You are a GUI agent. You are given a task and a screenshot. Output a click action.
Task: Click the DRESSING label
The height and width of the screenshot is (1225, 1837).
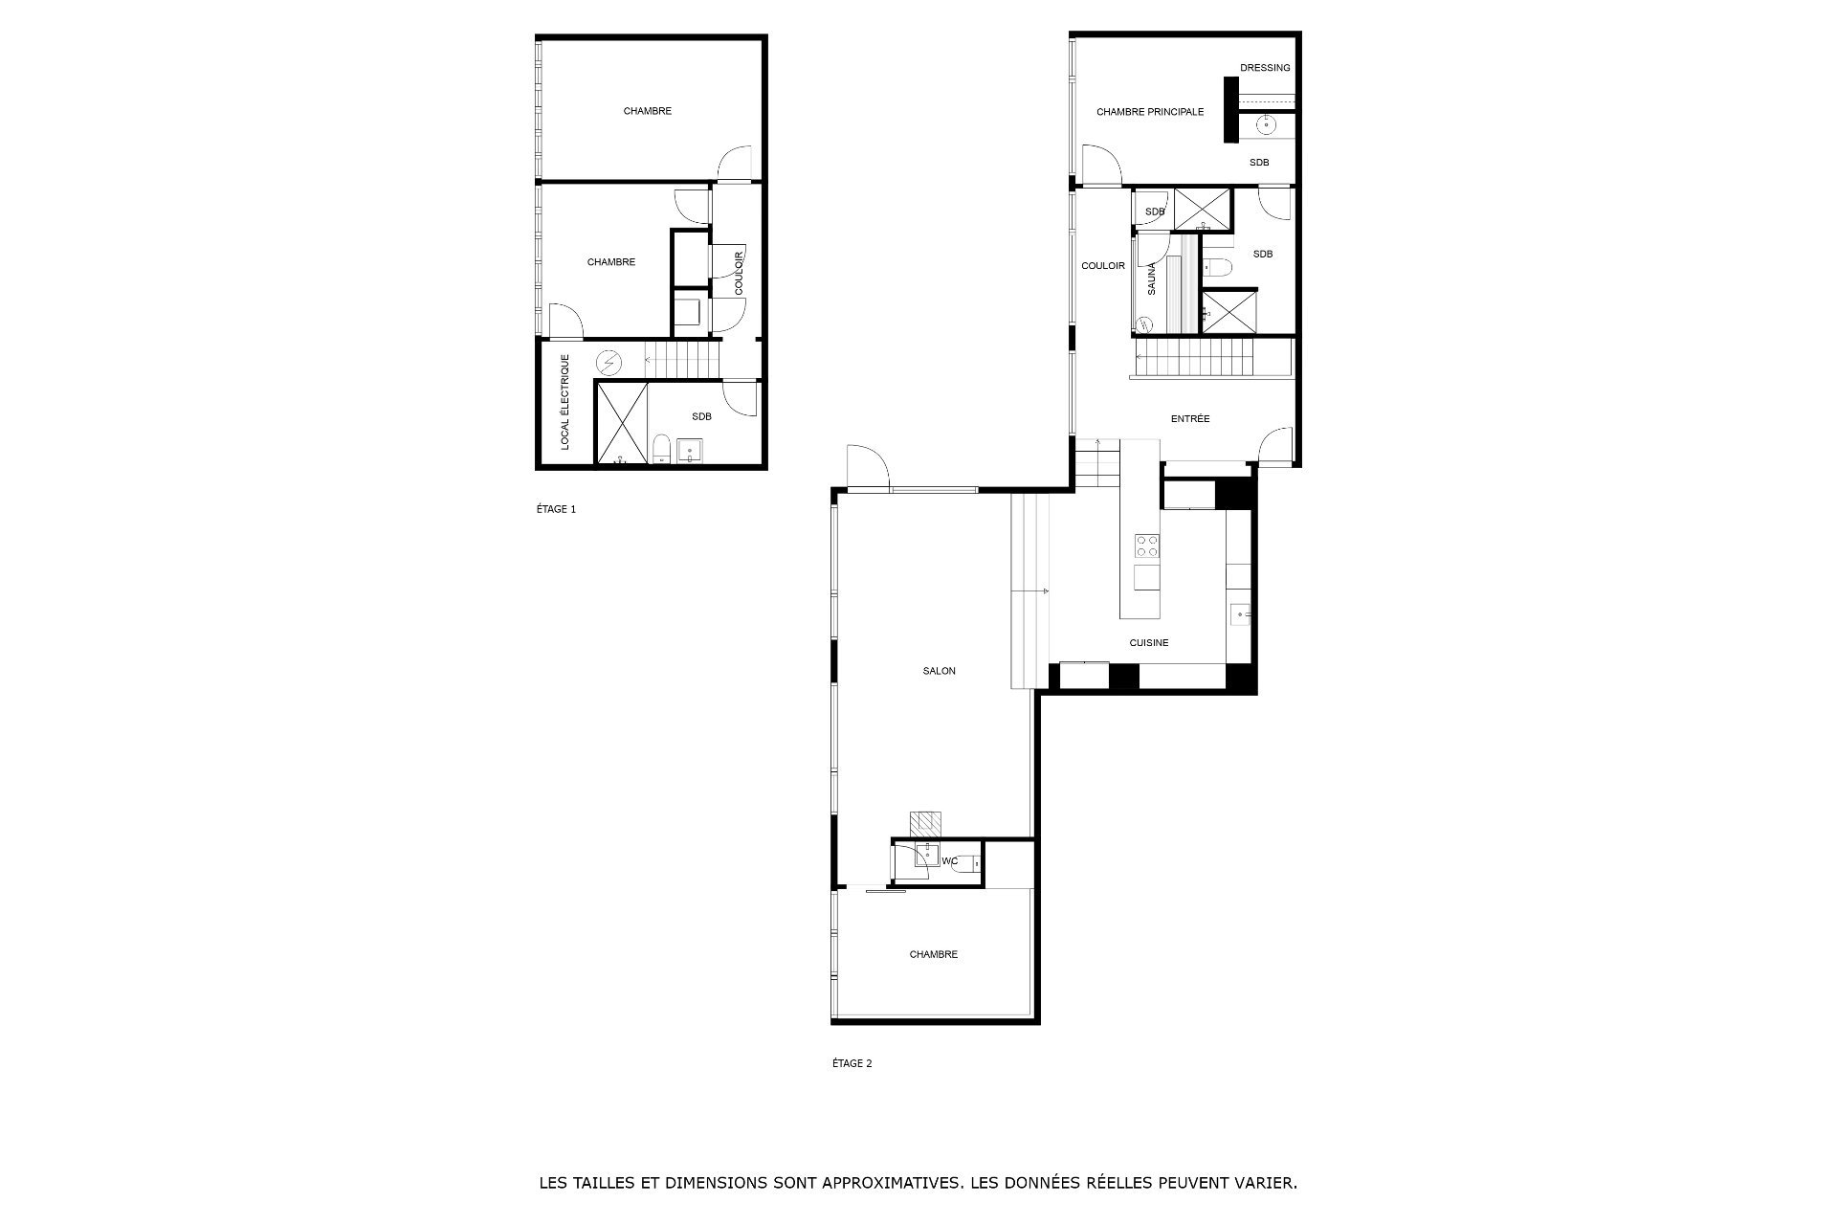click(x=1265, y=68)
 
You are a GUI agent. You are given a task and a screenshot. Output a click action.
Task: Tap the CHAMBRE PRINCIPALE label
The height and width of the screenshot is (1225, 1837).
click(x=1150, y=112)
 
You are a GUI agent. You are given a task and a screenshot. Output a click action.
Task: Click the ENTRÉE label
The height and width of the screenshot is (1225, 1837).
click(x=1190, y=418)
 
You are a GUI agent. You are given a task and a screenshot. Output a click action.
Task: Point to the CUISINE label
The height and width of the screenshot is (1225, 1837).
click(x=1149, y=643)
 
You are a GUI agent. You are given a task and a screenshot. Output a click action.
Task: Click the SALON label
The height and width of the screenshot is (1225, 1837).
click(x=940, y=671)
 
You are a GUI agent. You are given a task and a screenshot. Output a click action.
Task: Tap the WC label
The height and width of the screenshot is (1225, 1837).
click(x=950, y=861)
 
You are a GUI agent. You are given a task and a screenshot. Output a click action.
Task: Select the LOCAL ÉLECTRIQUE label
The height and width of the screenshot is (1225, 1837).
click(x=565, y=402)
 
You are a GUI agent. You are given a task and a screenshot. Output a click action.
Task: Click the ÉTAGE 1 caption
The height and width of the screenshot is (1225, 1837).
click(x=556, y=509)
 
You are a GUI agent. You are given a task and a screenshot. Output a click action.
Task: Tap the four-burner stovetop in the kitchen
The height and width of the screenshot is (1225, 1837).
click(x=1147, y=546)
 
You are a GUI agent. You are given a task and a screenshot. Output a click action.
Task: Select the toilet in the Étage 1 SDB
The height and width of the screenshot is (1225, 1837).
click(x=661, y=450)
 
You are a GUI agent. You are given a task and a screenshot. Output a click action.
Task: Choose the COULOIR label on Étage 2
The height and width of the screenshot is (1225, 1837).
click(x=1103, y=266)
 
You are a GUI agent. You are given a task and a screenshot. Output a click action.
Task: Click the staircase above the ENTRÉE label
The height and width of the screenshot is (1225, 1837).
click(x=1193, y=360)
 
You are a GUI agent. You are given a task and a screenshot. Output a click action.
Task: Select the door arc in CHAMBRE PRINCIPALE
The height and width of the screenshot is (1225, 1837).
click(x=1101, y=164)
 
